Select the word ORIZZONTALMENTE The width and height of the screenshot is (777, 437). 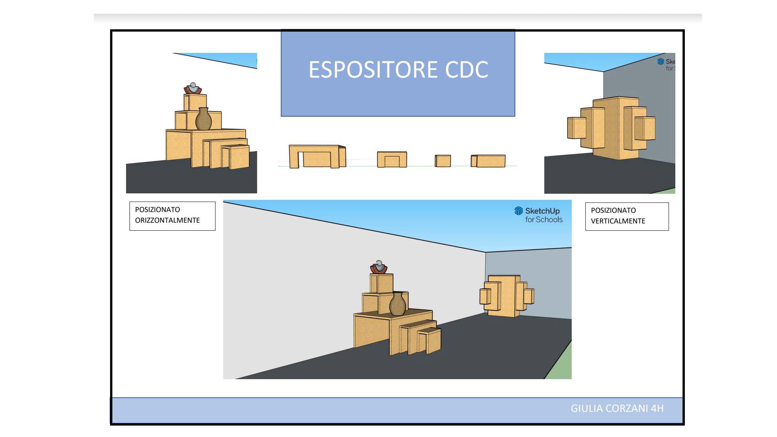pyautogui.click(x=167, y=220)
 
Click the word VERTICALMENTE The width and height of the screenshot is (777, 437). pyautogui.click(x=618, y=221)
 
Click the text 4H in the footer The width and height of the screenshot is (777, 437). pyautogui.click(x=657, y=408)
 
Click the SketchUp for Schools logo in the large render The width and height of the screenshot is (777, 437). pyautogui.click(x=538, y=215)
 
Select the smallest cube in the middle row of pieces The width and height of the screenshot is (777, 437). pyautogui.click(x=443, y=161)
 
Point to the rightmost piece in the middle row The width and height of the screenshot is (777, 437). pyautogui.click(x=488, y=161)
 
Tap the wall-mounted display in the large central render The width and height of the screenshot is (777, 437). pyautogui.click(x=507, y=296)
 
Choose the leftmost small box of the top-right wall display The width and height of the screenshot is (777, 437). pyautogui.click(x=576, y=128)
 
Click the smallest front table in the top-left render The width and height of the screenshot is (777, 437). pyautogui.click(x=236, y=157)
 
